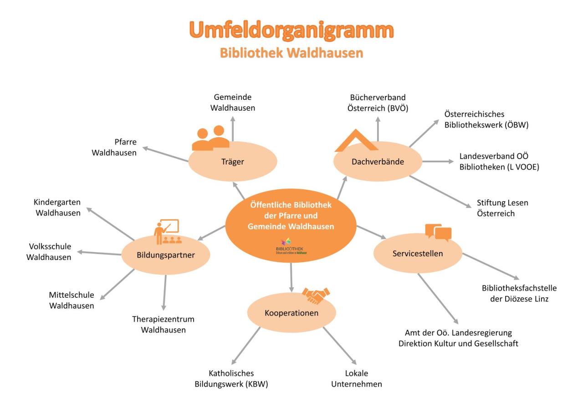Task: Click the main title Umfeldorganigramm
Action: pos(291,31)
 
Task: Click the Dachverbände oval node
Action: pos(378,162)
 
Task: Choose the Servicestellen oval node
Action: pos(418,254)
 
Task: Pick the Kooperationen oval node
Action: pos(291,313)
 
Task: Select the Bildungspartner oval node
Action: pos(165,255)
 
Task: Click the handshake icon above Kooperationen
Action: pos(316,295)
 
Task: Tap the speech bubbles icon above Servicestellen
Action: pos(438,233)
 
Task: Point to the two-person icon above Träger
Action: pos(210,138)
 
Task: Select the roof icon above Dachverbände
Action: pos(356,141)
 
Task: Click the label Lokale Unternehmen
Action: pos(363,378)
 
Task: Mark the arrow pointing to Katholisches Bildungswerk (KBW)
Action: pos(246,346)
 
